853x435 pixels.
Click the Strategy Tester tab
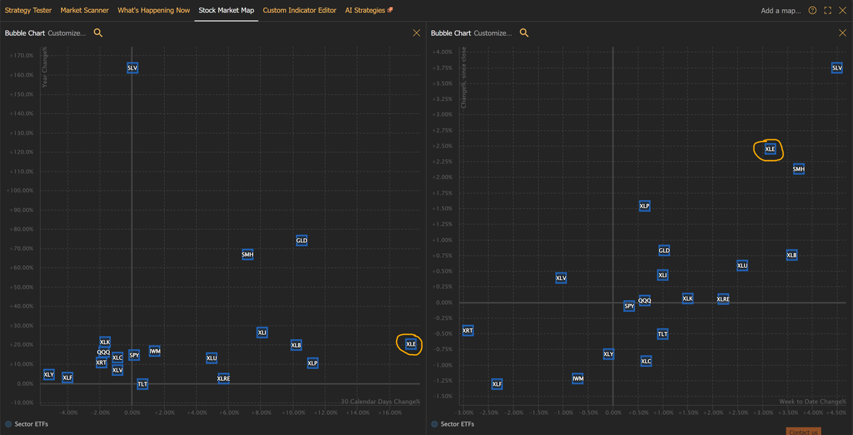(x=28, y=11)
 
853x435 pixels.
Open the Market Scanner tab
(x=85, y=11)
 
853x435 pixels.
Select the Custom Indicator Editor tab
(x=299, y=11)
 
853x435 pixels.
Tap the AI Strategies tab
(x=365, y=11)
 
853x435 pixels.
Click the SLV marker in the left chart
(x=132, y=68)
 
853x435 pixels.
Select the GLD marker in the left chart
(x=301, y=240)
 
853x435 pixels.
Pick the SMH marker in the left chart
(x=247, y=254)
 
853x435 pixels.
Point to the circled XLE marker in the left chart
(x=411, y=344)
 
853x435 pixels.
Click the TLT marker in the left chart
(x=142, y=384)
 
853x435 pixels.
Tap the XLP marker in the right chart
(x=645, y=206)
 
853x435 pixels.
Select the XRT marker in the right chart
(x=468, y=331)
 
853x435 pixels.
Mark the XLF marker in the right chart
(x=497, y=384)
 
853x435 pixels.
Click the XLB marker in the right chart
(x=792, y=254)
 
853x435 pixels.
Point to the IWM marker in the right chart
(x=578, y=379)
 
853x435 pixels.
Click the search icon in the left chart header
(x=98, y=33)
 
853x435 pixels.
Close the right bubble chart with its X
(x=843, y=33)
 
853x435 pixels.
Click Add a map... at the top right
(x=780, y=11)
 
